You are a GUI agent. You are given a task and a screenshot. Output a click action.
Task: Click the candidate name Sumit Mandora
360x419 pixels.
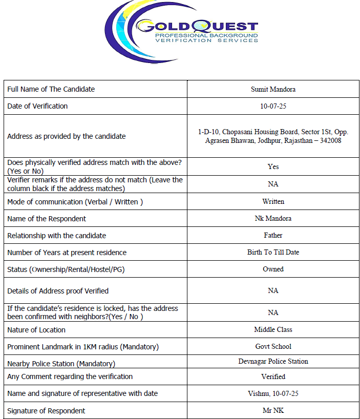tap(273, 89)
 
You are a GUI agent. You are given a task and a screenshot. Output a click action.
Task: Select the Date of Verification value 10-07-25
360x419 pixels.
tap(273, 106)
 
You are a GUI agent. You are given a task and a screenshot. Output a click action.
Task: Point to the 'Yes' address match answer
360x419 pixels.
tap(273, 166)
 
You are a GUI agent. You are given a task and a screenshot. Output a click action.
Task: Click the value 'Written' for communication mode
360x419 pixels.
tap(273, 201)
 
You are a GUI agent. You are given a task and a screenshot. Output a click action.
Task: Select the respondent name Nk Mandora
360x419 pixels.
tap(273, 218)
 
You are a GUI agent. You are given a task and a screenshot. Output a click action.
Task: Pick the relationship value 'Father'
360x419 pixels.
tap(273, 235)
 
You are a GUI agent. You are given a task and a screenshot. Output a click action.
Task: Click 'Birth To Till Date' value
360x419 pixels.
tap(273, 252)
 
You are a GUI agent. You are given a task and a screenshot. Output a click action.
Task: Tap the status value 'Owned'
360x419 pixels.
tap(273, 269)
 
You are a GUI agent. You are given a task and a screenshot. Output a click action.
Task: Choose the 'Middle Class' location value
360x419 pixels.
tap(273, 329)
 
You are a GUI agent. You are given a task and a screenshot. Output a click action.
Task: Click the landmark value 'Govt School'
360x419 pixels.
tap(273, 346)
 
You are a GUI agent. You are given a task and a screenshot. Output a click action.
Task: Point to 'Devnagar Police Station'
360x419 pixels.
tap(273, 361)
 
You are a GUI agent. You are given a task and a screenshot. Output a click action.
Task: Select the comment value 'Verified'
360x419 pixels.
tap(273, 376)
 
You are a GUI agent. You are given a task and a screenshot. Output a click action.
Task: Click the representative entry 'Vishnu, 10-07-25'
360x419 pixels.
tap(273, 393)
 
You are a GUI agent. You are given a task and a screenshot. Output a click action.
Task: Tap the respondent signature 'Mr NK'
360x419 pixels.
tap(273, 410)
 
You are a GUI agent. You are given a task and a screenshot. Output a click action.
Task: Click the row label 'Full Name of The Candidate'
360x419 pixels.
tap(51, 89)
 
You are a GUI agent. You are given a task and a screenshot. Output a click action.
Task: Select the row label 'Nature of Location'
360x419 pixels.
tap(36, 330)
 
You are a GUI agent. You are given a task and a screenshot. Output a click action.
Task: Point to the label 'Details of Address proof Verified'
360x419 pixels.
tap(58, 291)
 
